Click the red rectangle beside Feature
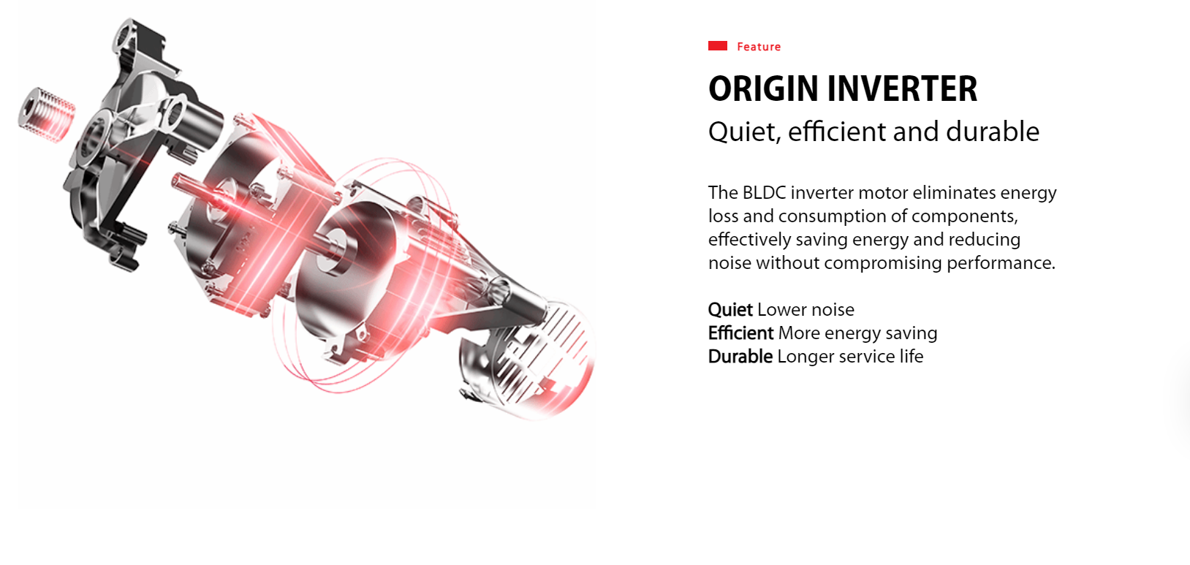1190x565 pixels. (717, 46)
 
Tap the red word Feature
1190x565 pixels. (759, 47)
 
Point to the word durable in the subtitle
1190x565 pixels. (993, 131)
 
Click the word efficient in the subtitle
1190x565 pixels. (837, 131)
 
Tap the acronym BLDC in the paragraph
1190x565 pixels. (764, 193)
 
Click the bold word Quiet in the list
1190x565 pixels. (730, 310)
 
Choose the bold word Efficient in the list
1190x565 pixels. (740, 333)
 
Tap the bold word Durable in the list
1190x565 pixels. (740, 356)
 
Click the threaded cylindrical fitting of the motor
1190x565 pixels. (46, 115)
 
